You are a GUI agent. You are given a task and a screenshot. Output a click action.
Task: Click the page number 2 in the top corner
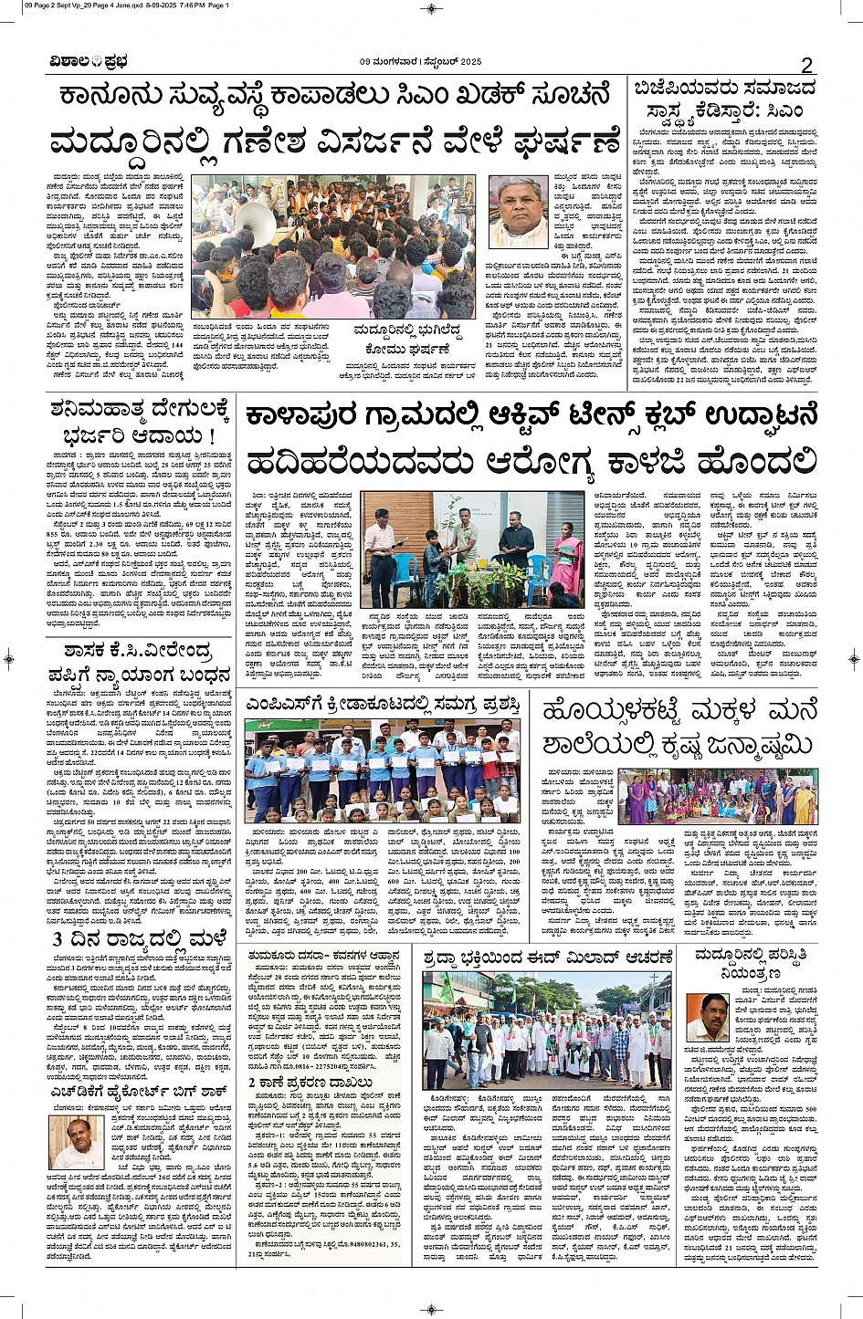(806, 64)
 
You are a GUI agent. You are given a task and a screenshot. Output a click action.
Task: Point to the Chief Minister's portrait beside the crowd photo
(518, 211)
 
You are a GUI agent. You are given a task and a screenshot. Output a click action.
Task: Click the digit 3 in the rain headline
(58, 940)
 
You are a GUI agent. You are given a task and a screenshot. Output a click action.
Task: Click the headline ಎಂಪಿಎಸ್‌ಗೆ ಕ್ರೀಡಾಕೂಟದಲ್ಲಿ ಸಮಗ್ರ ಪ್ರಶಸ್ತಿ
(383, 704)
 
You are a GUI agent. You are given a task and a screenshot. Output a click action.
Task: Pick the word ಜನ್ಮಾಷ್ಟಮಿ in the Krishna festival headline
(731, 745)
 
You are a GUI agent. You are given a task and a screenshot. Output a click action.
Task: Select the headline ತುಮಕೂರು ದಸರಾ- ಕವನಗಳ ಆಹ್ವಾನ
(326, 956)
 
